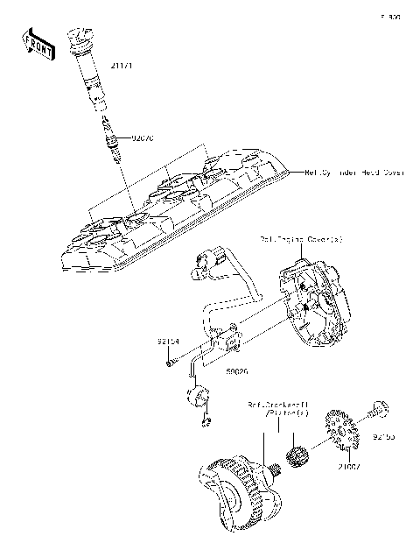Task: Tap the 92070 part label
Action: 143,138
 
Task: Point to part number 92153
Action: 386,434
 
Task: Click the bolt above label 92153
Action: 379,407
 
